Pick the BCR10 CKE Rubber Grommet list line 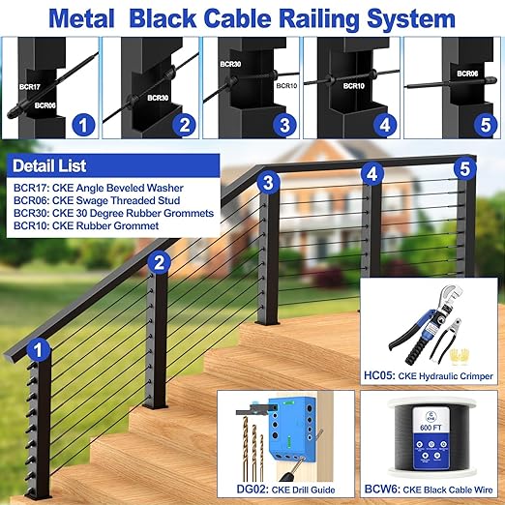85,225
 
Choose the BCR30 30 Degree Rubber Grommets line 113,213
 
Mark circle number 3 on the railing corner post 270,182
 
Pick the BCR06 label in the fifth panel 468,73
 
